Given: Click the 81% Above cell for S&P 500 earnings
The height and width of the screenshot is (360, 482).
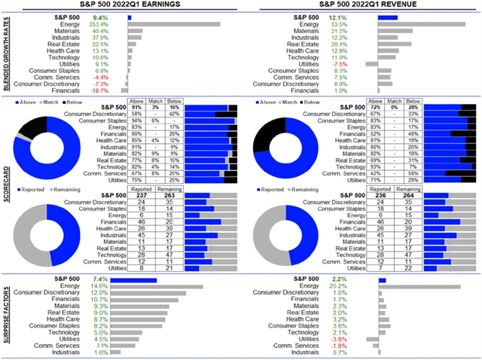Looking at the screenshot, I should [136, 108].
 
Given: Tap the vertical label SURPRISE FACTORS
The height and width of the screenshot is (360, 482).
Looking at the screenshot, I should [7, 316].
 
